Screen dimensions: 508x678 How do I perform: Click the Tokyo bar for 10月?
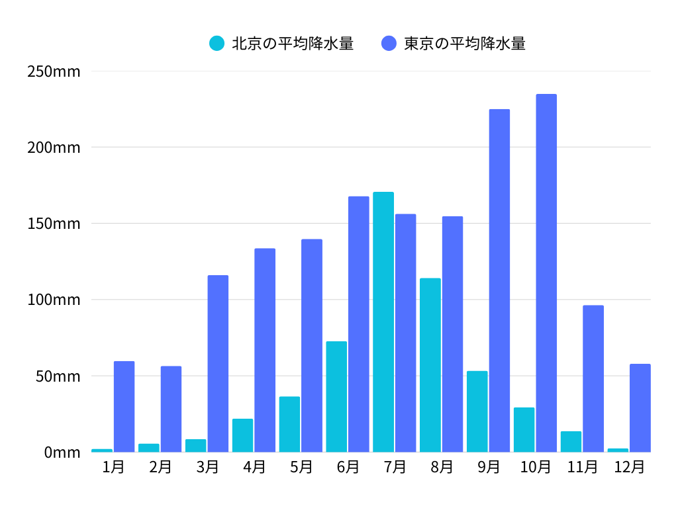point(546,273)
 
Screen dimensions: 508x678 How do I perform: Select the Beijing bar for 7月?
point(383,321)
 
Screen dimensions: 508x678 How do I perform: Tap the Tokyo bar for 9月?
point(499,280)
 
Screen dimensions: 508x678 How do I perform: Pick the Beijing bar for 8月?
point(430,364)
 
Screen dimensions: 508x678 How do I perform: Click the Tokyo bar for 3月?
point(218,363)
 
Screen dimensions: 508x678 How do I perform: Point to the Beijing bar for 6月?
point(336,396)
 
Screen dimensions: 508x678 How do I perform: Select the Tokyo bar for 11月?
point(593,378)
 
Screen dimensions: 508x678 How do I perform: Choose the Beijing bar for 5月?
point(289,424)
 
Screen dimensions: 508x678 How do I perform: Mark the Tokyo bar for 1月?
point(124,406)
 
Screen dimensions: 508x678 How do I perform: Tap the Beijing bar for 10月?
point(524,429)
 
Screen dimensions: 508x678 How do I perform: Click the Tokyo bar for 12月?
point(640,407)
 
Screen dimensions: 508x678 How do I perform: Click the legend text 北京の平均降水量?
point(292,44)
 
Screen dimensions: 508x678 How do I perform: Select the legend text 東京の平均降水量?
point(465,44)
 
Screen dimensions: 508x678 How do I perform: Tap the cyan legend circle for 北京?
point(217,44)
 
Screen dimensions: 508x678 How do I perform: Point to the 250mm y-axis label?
point(54,71)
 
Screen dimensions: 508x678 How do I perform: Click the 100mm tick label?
point(54,300)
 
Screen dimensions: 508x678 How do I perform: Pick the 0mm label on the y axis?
point(62,452)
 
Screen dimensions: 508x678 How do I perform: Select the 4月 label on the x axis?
point(254,467)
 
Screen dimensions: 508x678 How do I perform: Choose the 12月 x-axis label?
point(629,467)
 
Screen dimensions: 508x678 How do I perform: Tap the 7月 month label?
point(395,467)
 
